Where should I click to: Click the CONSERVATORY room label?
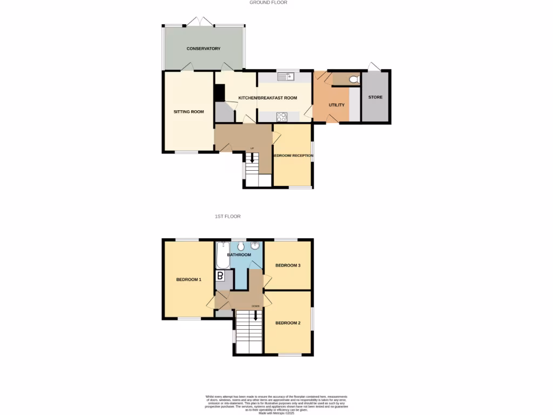tap(204, 49)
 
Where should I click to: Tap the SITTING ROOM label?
tap(188, 112)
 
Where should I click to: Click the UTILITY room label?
tap(336, 105)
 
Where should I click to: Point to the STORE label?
tap(375, 97)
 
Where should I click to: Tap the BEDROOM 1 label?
tap(188, 279)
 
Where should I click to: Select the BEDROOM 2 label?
tap(288, 323)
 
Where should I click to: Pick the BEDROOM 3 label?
tap(288, 265)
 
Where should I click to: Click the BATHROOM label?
tap(239, 255)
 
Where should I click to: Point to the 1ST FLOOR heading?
tap(227, 216)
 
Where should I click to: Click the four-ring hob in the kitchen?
tap(281, 116)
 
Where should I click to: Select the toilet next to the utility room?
tap(354, 80)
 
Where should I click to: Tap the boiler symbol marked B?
tap(220, 276)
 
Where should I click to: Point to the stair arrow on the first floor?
tap(256, 314)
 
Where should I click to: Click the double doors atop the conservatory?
tap(200, 22)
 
